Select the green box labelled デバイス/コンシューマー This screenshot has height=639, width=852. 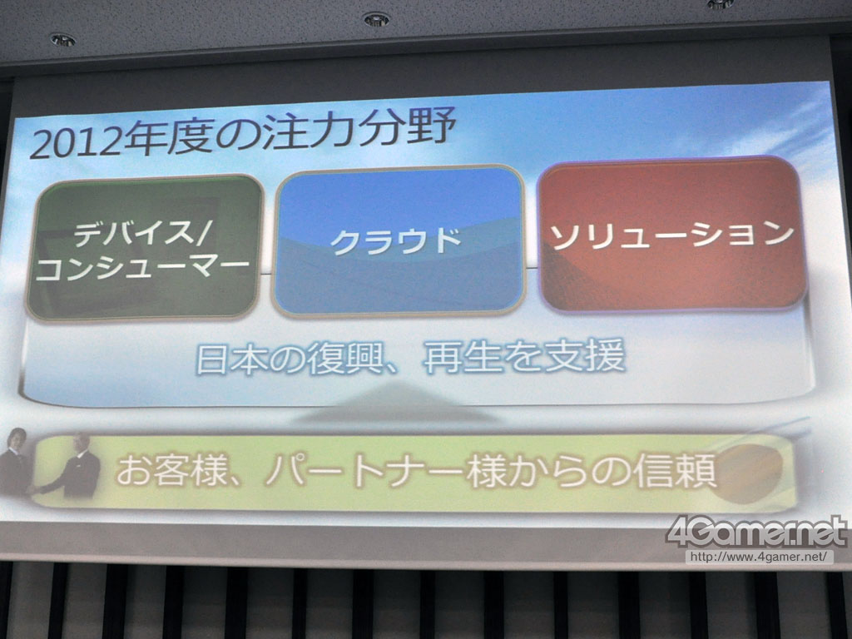[145, 247]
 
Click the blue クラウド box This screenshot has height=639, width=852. [399, 240]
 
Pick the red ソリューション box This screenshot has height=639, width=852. [671, 235]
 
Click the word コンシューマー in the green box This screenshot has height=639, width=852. [142, 268]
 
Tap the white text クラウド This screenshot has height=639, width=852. [396, 240]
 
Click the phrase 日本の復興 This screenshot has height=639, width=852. [290, 358]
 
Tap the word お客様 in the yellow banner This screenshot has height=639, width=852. [171, 471]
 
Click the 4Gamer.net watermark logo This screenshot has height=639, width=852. [755, 532]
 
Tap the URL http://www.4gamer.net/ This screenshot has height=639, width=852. [759, 557]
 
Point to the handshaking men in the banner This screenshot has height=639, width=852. [50, 463]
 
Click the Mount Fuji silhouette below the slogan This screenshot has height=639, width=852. [399, 402]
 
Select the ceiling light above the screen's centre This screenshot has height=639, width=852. [376, 20]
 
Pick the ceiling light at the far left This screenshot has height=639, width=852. [63, 40]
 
